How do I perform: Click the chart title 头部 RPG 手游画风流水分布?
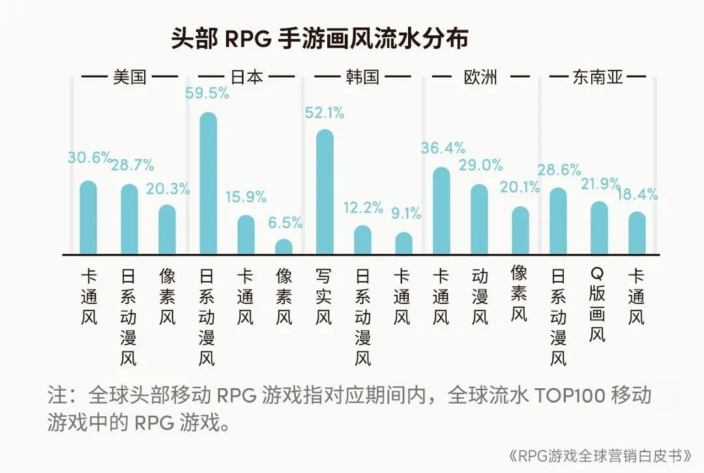coord(319,38)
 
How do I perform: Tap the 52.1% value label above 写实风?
coord(324,113)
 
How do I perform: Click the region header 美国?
coord(129,77)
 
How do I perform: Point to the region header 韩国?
coord(362,77)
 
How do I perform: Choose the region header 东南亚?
coord(598,78)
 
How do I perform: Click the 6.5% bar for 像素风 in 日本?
coord(284,247)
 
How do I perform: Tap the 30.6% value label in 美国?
coord(88,158)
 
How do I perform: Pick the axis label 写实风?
coord(324,296)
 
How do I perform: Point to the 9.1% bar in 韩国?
coord(404,243)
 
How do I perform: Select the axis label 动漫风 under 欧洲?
coord(480,296)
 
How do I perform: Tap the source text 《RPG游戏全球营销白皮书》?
coord(598,455)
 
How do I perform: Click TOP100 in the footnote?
coord(562,395)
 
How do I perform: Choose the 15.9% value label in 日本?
coord(246,196)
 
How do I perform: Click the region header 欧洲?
coord(480,77)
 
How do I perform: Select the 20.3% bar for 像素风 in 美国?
coord(168,230)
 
